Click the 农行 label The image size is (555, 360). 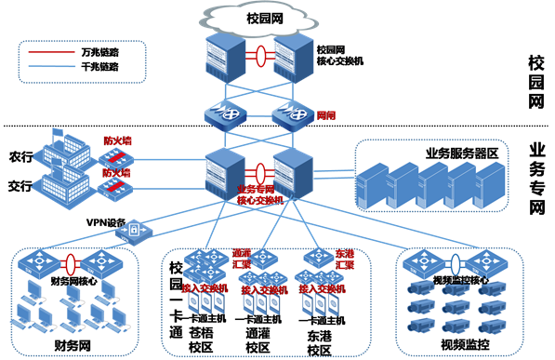coord(20,154)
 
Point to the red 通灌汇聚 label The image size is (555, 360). coord(242,257)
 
